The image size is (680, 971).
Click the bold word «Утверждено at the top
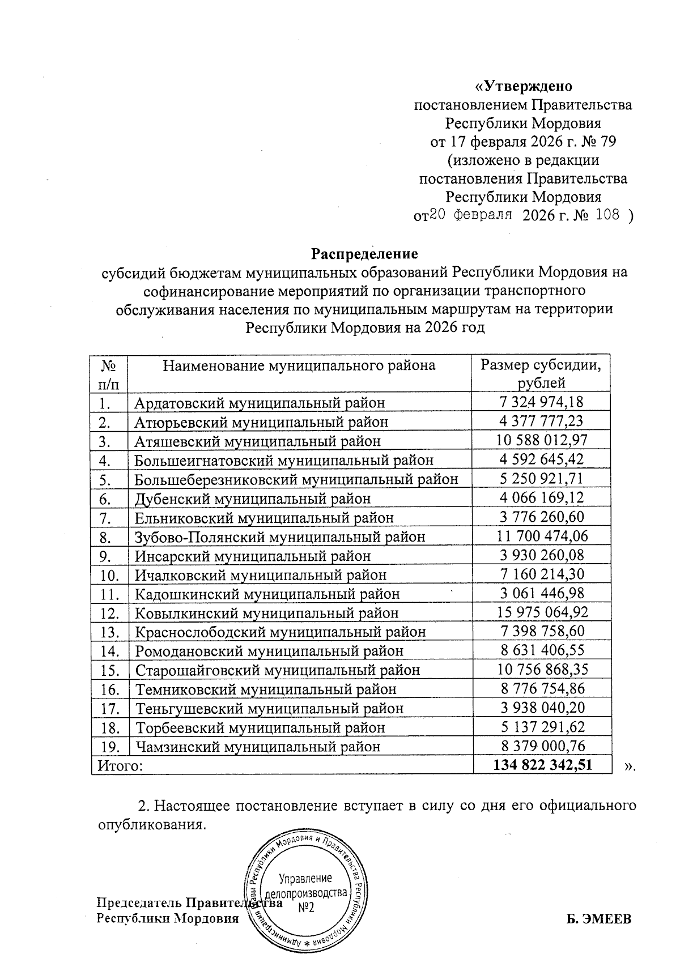point(523,86)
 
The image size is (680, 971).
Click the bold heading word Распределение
point(365,253)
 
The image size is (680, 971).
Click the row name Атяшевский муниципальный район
point(258,440)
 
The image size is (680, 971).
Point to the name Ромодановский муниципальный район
point(269,651)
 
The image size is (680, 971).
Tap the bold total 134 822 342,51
point(543,765)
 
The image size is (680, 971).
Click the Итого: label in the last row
point(120,765)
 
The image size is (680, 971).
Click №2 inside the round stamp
point(305,908)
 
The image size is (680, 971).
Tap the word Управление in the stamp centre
point(305,879)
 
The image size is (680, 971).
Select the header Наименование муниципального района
point(299,365)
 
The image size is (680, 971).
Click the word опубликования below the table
point(148,824)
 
